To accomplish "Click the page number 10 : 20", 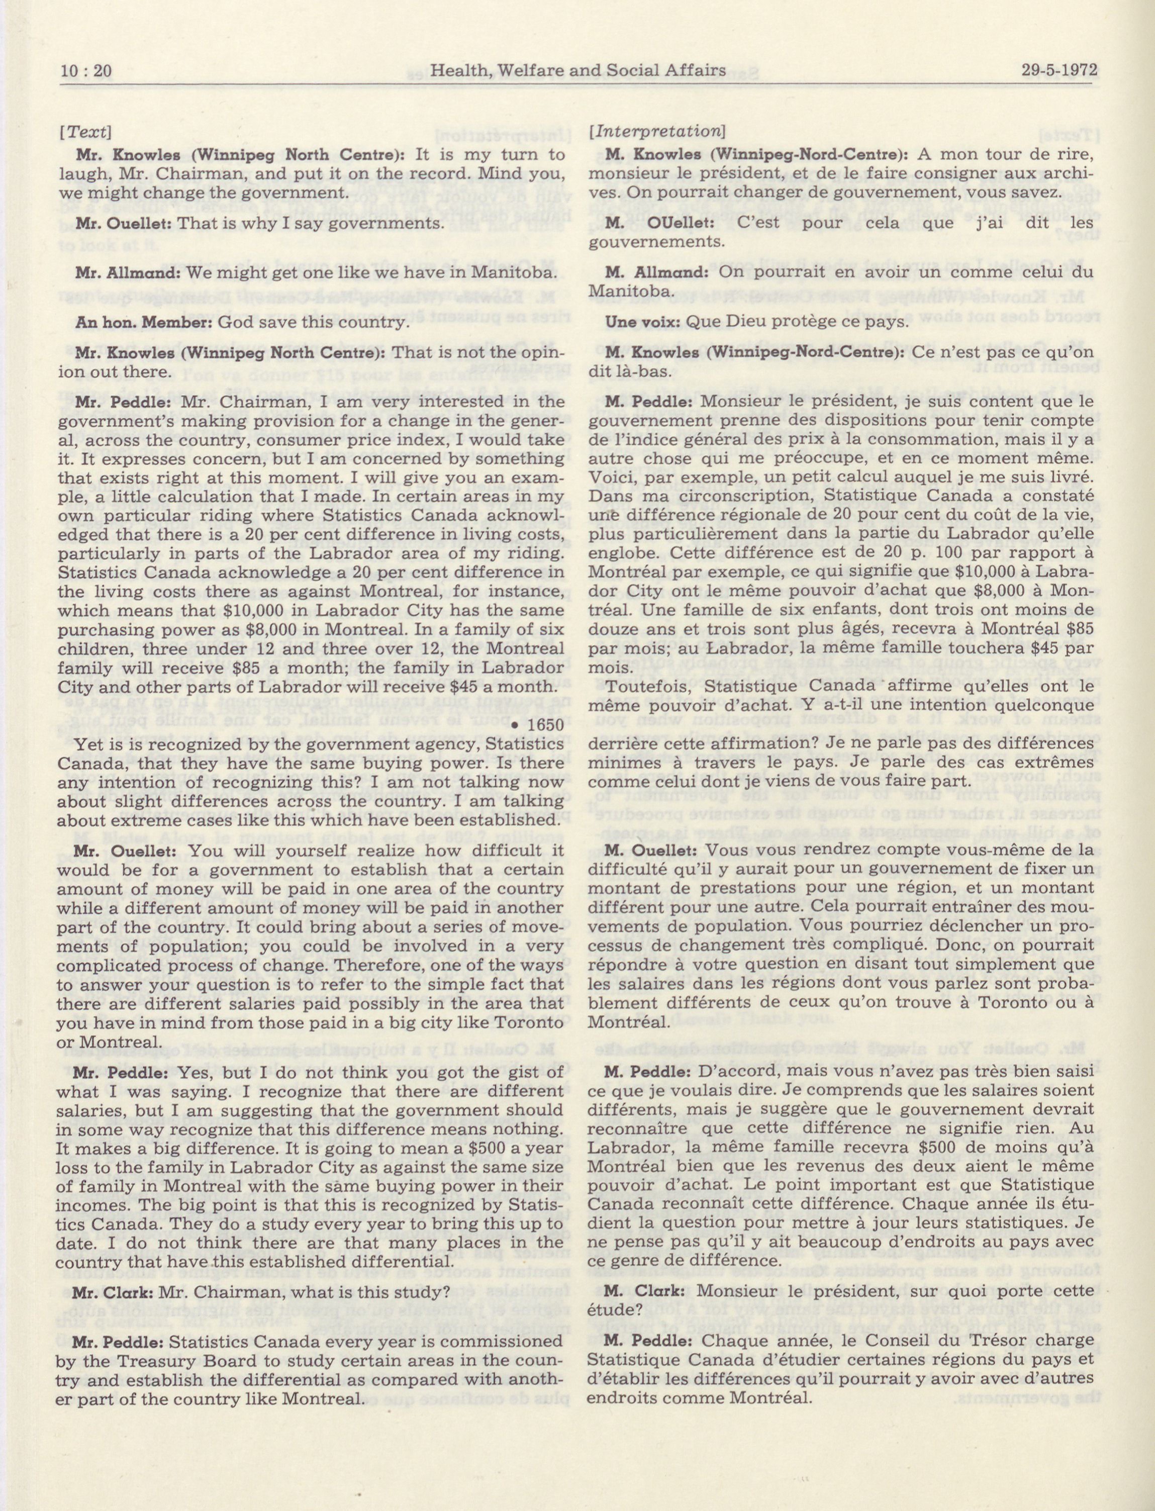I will pos(86,71).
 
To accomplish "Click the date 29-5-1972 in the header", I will pos(1056,71).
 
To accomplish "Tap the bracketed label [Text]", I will pos(85,132).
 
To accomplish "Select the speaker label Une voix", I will pos(642,321).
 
